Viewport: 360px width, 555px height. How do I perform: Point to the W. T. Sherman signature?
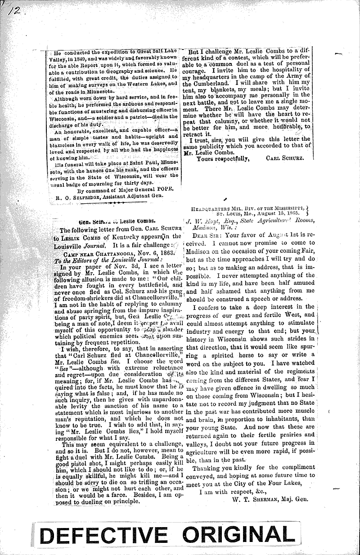pos(270,499)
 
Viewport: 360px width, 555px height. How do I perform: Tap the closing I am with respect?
pos(234,491)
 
